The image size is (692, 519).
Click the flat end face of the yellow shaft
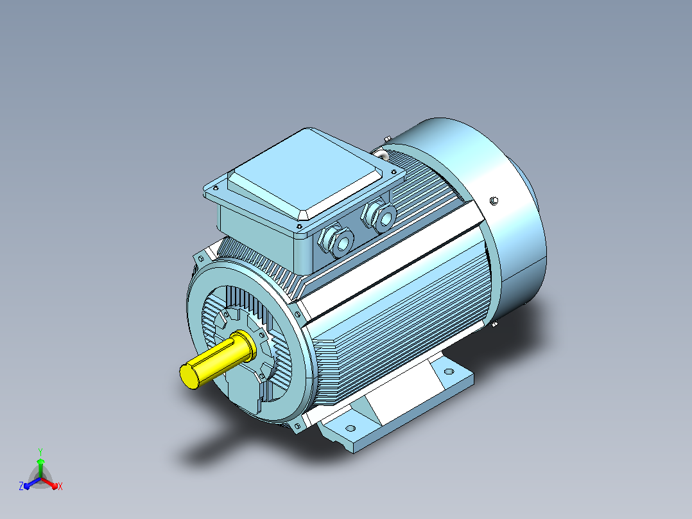(x=189, y=376)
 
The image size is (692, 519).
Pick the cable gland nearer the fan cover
(x=379, y=216)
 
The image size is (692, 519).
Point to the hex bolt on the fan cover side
(x=494, y=201)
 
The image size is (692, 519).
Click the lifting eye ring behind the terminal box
(x=381, y=154)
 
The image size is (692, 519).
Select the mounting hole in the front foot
(x=351, y=428)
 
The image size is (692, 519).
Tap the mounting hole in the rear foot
(x=449, y=371)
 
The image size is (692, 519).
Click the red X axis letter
(x=60, y=486)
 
